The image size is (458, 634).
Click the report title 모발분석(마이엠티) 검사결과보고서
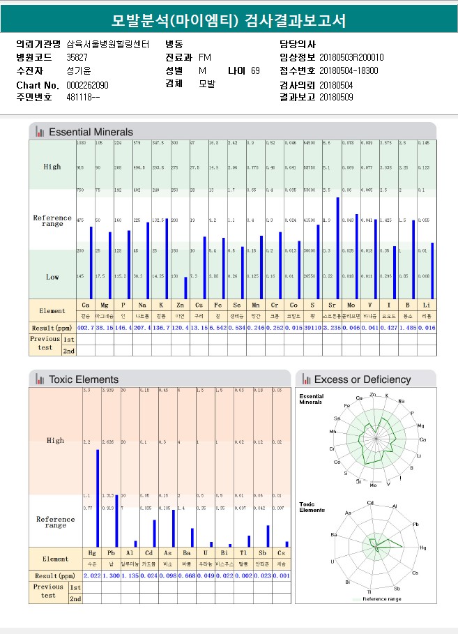(229, 20)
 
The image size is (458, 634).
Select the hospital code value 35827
(77, 57)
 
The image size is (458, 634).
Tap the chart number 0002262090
(87, 84)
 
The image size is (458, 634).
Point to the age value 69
(255, 70)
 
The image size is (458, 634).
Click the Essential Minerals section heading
(91, 131)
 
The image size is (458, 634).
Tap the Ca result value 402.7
(85, 327)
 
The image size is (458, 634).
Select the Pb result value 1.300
(111, 575)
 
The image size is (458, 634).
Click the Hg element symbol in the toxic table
(92, 552)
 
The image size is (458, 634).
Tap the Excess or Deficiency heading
(362, 379)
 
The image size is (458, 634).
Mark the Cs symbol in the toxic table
(282, 552)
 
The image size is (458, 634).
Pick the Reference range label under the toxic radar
(383, 598)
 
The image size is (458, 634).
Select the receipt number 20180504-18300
(349, 70)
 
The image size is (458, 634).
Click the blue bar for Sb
(268, 535)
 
